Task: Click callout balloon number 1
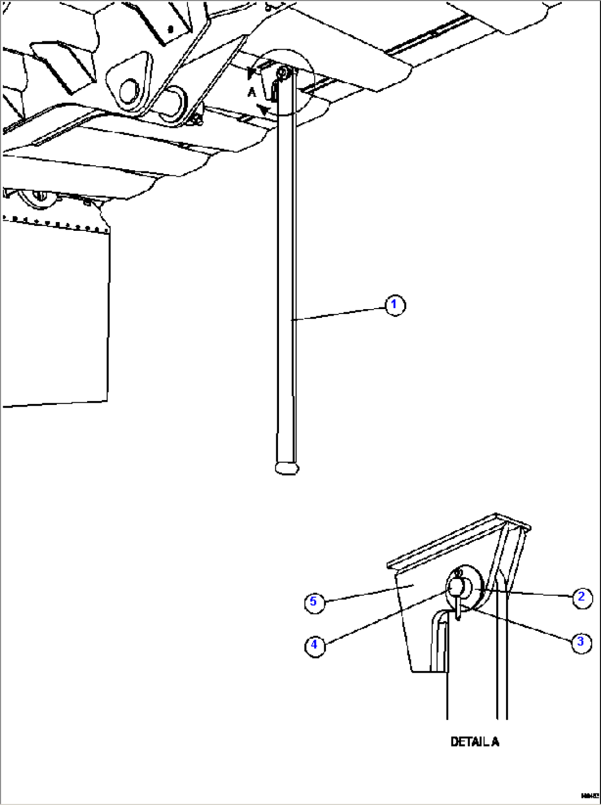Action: point(394,305)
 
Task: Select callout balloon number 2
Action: point(581,597)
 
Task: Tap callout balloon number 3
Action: point(580,642)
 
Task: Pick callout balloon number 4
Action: point(314,644)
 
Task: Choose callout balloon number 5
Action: point(313,602)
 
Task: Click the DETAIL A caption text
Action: point(475,742)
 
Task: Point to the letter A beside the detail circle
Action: point(251,93)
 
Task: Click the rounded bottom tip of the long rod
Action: point(287,468)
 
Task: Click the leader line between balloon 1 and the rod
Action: point(339,312)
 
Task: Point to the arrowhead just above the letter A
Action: point(253,72)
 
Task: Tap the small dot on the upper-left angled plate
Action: point(170,28)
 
